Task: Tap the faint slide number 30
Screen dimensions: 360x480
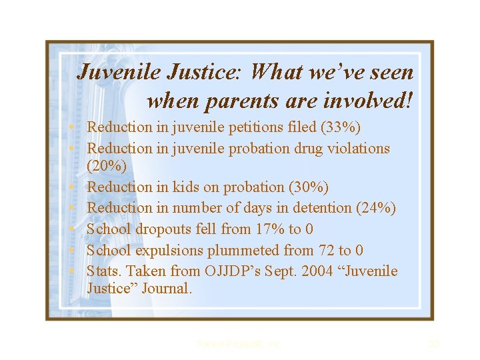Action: [434, 344]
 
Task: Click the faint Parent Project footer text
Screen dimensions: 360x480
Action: [238, 344]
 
